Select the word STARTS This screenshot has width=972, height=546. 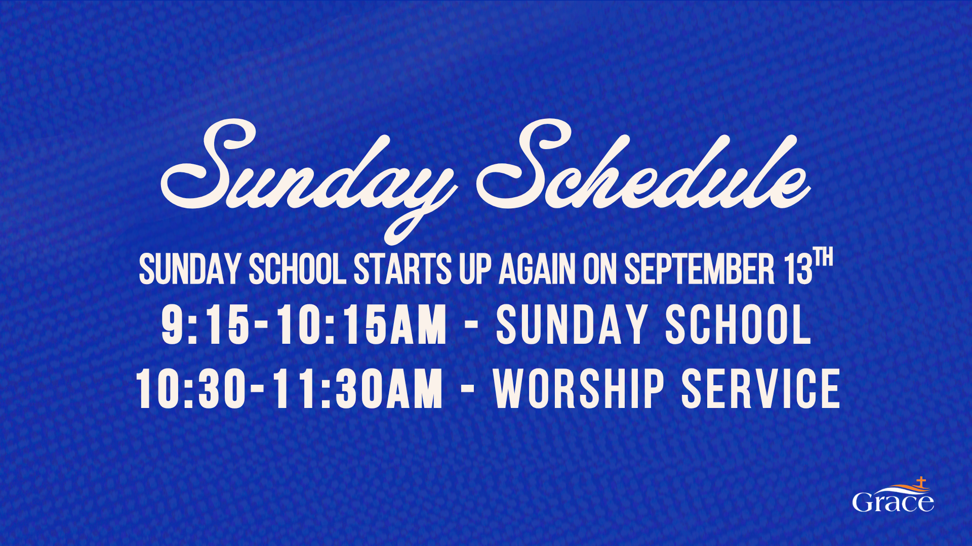point(402,269)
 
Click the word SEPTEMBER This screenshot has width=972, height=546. point(699,269)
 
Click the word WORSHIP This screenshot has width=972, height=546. point(579,388)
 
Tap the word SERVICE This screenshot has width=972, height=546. point(761,388)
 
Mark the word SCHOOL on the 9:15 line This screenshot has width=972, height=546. point(739,325)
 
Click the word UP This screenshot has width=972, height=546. point(475,269)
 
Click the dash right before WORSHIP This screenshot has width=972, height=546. point(468,389)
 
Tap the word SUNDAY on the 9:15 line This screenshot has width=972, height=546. point(572,325)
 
